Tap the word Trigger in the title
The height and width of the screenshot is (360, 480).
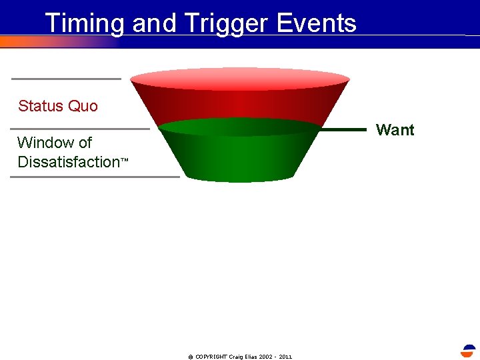[223, 23]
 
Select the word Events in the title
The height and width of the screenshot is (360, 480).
[316, 23]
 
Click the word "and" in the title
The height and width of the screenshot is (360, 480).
[154, 23]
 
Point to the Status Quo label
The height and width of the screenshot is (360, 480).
[58, 106]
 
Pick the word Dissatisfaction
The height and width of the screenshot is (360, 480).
[68, 162]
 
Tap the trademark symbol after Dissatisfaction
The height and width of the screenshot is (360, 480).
[123, 161]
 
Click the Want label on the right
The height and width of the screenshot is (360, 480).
[395, 130]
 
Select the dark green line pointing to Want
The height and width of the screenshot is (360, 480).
[343, 130]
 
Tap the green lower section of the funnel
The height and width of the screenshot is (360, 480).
[240, 157]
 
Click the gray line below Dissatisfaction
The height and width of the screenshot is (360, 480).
[95, 177]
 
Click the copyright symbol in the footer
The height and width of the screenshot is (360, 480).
[191, 357]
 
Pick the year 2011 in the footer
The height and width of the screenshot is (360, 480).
[285, 357]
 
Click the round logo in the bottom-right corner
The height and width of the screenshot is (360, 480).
[469, 351]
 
